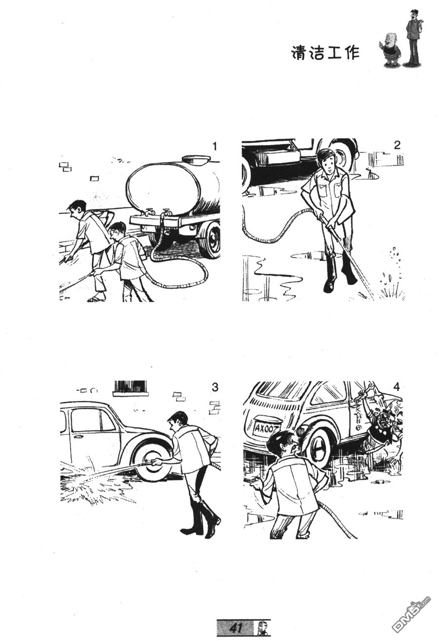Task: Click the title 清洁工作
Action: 325,53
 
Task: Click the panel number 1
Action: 215,147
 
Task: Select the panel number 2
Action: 397,145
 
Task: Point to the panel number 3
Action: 215,387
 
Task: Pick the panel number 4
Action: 397,387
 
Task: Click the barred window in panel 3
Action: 131,388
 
